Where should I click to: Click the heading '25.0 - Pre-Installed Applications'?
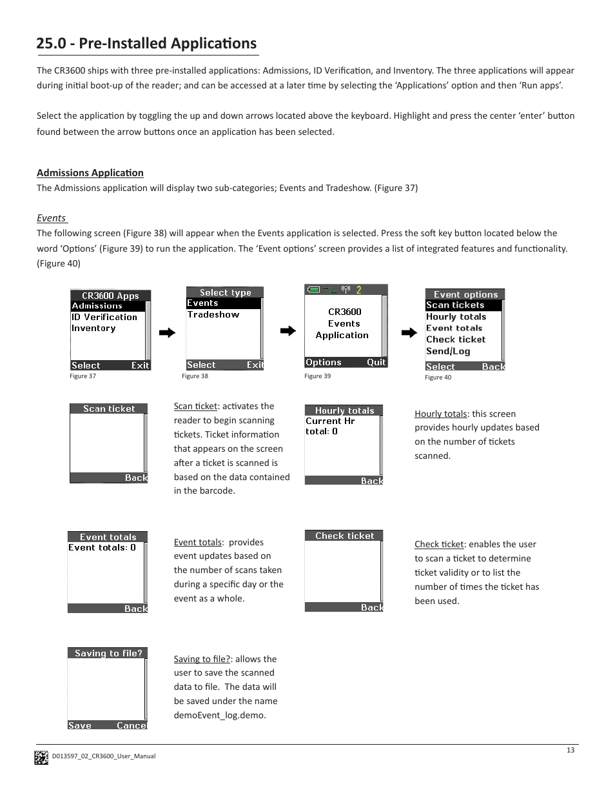click(x=146, y=43)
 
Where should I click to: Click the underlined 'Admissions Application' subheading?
click(x=90, y=172)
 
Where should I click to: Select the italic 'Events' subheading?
click(x=51, y=218)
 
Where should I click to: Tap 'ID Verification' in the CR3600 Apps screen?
click(x=104, y=317)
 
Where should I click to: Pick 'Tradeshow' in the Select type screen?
click(x=213, y=314)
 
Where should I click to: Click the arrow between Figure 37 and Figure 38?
click(x=167, y=333)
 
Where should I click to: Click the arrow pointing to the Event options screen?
click(x=409, y=333)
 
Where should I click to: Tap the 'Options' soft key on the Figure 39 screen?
click(x=323, y=362)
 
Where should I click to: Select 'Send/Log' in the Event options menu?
click(x=447, y=351)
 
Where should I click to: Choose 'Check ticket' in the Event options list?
click(x=455, y=339)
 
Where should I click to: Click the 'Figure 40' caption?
click(x=438, y=378)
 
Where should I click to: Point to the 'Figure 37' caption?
click(x=83, y=376)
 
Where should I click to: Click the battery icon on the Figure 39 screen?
click(x=313, y=290)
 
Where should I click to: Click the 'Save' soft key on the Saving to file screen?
click(x=80, y=725)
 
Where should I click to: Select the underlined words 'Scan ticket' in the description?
click(x=195, y=406)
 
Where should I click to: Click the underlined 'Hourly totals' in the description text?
click(x=440, y=414)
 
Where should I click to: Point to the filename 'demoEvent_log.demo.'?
click(x=219, y=715)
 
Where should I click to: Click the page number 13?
click(x=570, y=750)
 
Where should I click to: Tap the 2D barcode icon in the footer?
click(x=41, y=757)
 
